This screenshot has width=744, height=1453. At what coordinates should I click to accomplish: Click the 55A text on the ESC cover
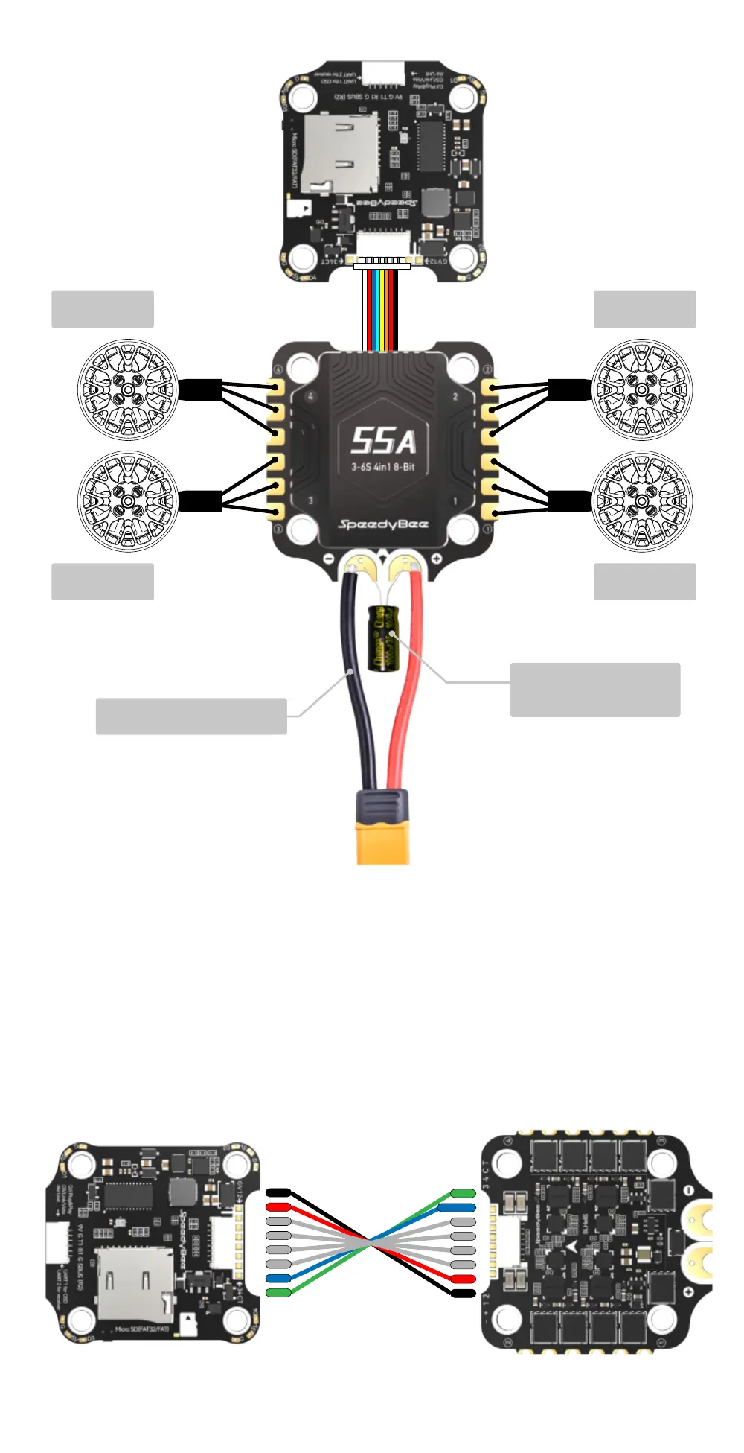point(382,441)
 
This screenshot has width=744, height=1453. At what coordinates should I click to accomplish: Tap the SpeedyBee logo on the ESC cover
point(383,524)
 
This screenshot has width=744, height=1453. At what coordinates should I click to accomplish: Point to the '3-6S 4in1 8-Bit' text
point(382,467)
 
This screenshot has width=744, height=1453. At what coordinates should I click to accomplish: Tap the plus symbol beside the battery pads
point(436,558)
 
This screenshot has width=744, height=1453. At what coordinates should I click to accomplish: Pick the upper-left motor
point(128,390)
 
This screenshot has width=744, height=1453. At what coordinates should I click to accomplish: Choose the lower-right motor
point(642,501)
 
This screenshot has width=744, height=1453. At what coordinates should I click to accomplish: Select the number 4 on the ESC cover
point(310,396)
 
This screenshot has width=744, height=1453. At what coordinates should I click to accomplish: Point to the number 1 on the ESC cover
point(455,500)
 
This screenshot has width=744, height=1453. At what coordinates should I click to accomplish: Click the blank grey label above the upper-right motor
point(644,309)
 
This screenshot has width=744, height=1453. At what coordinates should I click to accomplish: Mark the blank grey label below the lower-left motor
point(103,582)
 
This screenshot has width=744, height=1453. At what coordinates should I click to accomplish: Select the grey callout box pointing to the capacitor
point(594,690)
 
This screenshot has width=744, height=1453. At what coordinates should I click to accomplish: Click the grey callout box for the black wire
point(191,716)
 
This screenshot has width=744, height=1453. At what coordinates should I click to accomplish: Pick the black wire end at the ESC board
point(464,1293)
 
